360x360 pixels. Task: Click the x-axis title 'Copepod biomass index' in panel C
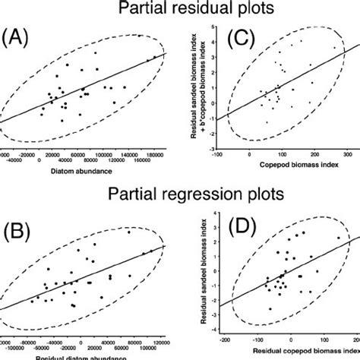(x=286, y=165)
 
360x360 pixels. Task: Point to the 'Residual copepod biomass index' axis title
(x=287, y=352)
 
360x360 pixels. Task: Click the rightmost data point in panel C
(x=334, y=48)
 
